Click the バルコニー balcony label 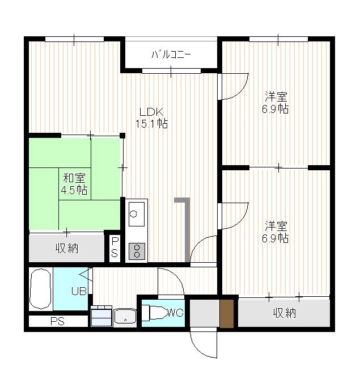pyautogui.click(x=171, y=55)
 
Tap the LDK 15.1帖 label pyautogui.click(x=152, y=118)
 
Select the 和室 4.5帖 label pyautogui.click(x=74, y=184)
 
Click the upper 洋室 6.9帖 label pyautogui.click(x=276, y=103)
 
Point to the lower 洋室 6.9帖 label pyautogui.click(x=276, y=232)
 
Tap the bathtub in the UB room pyautogui.click(x=40, y=289)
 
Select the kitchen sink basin pyautogui.click(x=137, y=214)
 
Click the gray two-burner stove pyautogui.click(x=137, y=251)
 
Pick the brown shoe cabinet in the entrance pyautogui.click(x=226, y=314)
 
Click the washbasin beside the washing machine pyautogui.click(x=125, y=316)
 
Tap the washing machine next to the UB pyautogui.click(x=101, y=316)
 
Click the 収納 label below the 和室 pyautogui.click(x=67, y=249)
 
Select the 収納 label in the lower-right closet pyautogui.click(x=285, y=313)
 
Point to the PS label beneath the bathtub pyautogui.click(x=57, y=322)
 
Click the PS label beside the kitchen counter pyautogui.click(x=115, y=247)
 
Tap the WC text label pyautogui.click(x=176, y=313)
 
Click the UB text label pyautogui.click(x=79, y=291)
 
